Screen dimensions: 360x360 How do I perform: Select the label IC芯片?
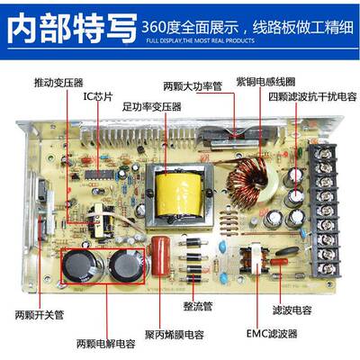[98, 94]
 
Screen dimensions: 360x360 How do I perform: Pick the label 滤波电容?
[294, 309]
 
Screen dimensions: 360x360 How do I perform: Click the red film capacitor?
[164, 257]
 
